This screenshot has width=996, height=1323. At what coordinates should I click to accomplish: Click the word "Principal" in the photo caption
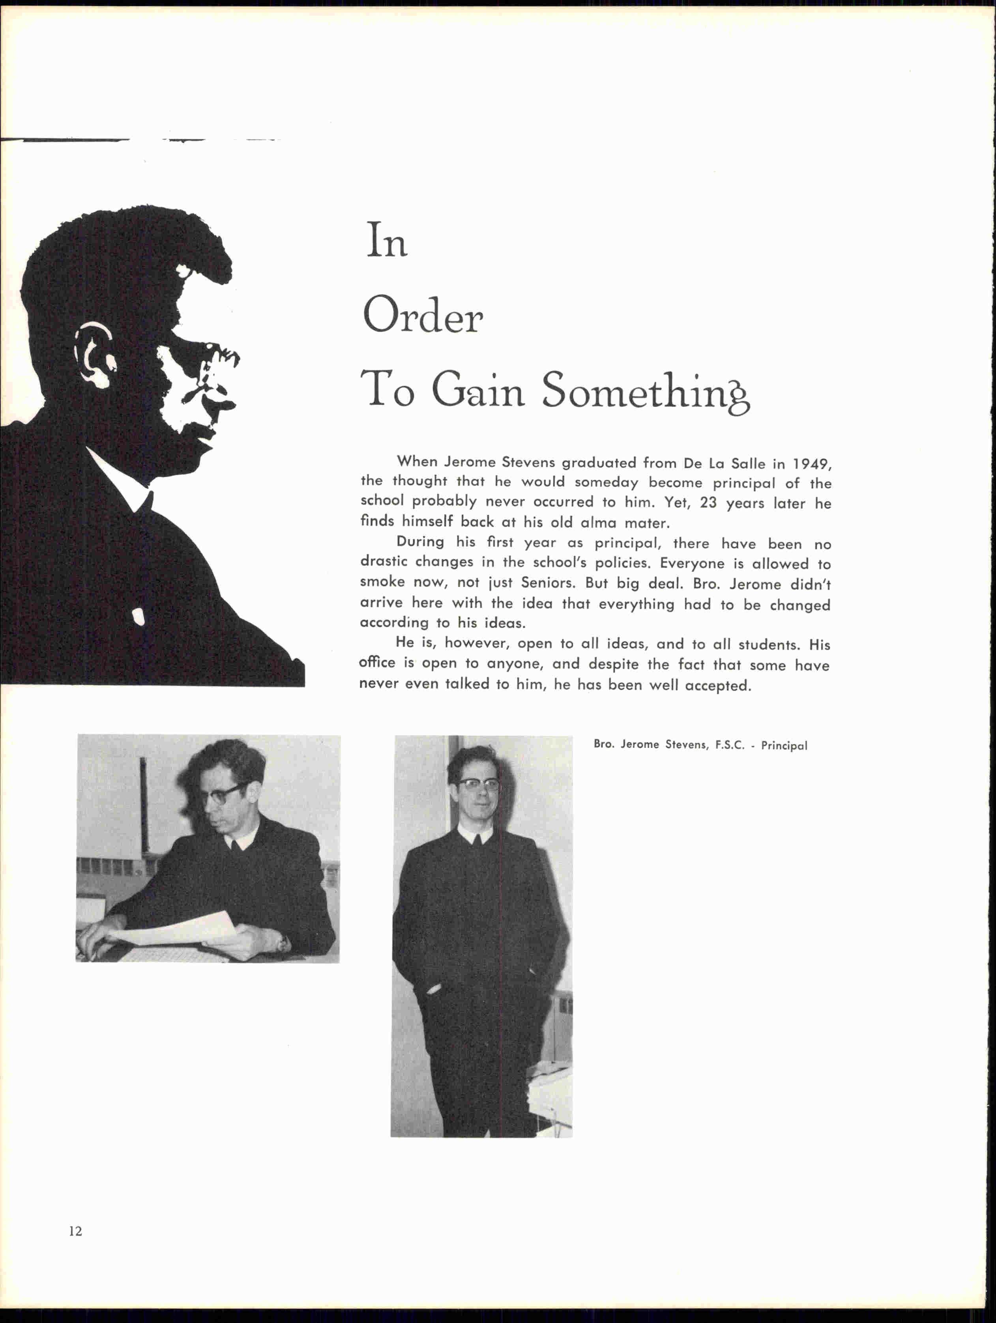784,746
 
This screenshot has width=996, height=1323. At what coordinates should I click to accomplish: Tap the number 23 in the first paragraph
708,503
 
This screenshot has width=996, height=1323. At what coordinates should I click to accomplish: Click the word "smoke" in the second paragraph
382,582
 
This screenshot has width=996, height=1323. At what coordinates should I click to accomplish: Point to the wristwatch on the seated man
281,943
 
